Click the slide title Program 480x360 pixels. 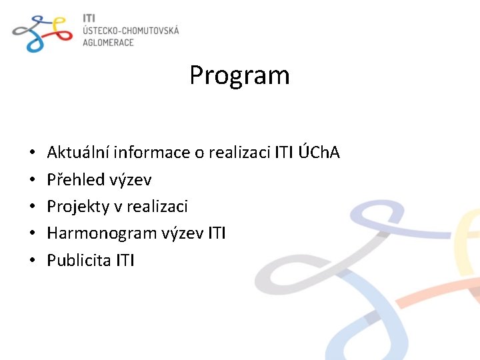[x=239, y=75]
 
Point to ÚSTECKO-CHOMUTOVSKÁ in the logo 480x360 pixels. [x=131, y=30]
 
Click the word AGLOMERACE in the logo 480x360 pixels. [x=108, y=42]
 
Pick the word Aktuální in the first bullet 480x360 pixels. [x=78, y=153]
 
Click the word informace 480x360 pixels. [x=151, y=153]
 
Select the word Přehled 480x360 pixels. [x=75, y=179]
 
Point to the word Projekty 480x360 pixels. [x=76, y=207]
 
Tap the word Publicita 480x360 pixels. [x=79, y=260]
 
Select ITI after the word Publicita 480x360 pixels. [x=125, y=260]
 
